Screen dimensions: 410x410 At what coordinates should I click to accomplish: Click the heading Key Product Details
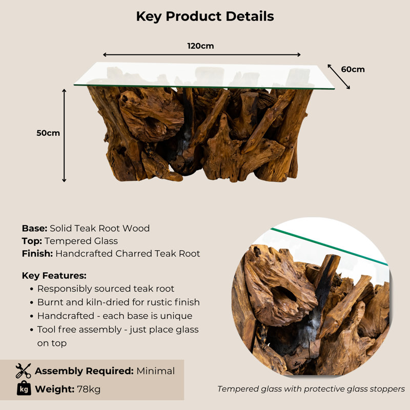205,16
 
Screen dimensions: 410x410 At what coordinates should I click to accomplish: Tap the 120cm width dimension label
200,46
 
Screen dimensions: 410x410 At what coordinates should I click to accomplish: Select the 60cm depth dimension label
353,70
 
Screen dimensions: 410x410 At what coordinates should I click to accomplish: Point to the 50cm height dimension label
48,133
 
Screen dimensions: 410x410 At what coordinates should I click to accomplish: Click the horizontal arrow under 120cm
201,55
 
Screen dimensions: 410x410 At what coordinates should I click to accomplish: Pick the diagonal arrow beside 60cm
339,76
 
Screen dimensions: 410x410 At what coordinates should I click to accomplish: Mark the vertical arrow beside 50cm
64,135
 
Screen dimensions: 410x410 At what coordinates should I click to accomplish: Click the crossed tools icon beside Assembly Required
23,371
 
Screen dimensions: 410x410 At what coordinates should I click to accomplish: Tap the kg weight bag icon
24,388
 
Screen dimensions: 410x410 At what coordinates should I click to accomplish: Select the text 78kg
89,389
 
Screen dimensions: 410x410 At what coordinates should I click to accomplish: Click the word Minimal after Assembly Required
156,371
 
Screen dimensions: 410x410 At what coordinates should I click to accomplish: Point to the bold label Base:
34,228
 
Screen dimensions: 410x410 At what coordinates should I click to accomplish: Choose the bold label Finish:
37,254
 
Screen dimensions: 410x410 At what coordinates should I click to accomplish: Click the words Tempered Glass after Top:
81,241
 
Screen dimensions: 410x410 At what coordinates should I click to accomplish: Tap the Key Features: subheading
54,276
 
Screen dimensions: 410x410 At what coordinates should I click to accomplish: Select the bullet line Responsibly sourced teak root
106,289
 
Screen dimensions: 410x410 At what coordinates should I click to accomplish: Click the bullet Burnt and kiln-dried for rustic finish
118,302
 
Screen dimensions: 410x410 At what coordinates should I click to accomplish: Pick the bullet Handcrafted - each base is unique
115,316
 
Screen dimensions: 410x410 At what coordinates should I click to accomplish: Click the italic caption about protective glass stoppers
311,389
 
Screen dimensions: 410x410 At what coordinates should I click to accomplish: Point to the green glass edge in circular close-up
329,247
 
